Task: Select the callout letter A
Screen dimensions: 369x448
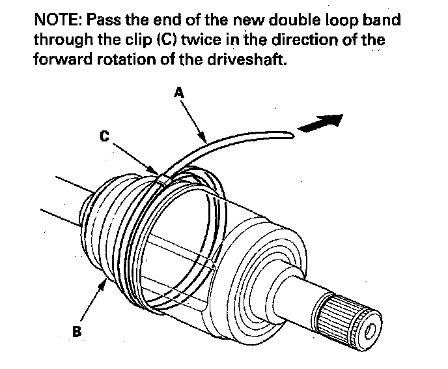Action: (x=179, y=93)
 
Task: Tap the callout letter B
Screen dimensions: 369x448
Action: (x=77, y=332)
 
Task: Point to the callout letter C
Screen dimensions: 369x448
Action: (x=105, y=138)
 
